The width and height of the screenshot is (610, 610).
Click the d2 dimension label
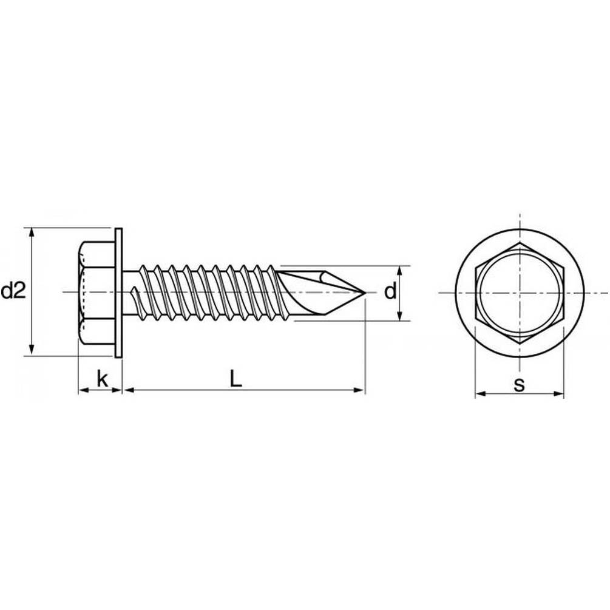[x=13, y=291]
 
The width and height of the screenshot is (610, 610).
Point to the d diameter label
[x=390, y=291]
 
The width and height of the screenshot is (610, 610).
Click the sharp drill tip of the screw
[x=365, y=293]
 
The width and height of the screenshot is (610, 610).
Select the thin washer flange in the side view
[x=118, y=293]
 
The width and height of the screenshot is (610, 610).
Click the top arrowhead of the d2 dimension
[x=32, y=232]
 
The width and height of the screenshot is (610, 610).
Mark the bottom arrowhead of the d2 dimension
[x=32, y=351]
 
